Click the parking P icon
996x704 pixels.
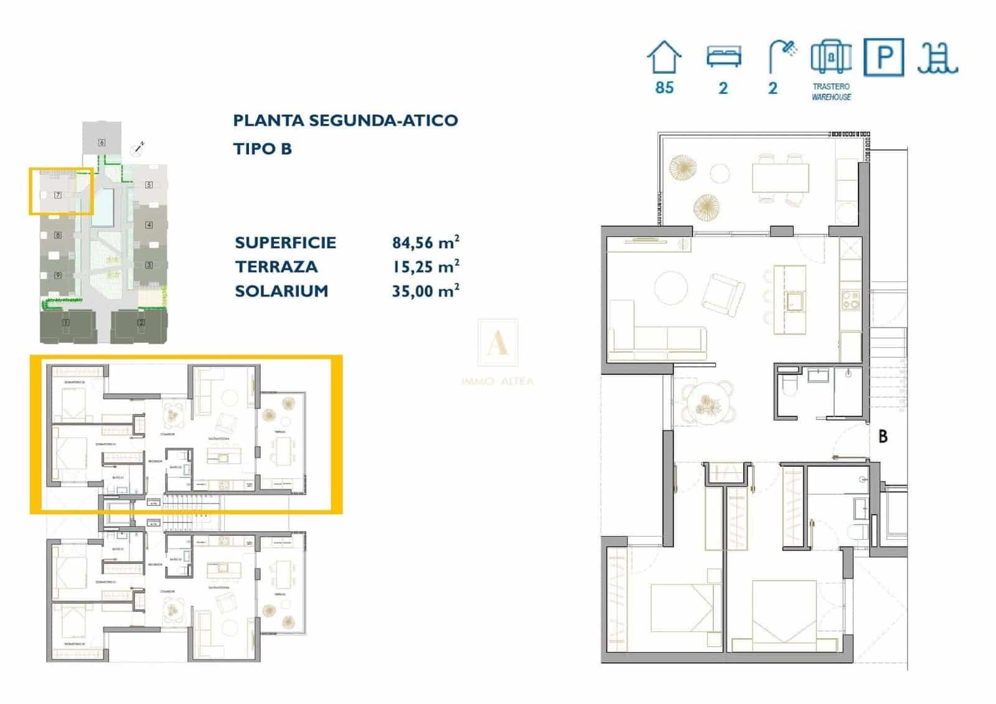point(884,57)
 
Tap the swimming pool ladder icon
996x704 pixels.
point(937,59)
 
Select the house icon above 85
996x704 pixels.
point(664,58)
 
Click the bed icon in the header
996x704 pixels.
point(723,57)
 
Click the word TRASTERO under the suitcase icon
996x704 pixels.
point(831,87)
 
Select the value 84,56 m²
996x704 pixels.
point(425,242)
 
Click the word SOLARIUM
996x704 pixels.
point(281,291)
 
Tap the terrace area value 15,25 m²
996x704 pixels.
point(425,266)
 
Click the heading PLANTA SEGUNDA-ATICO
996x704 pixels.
point(345,120)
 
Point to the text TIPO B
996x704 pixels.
point(262,149)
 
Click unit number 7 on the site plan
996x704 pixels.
point(58,195)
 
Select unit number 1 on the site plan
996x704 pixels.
point(66,322)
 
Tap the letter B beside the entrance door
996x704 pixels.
point(883,437)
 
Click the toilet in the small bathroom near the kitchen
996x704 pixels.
point(789,385)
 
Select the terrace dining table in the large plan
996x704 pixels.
point(780,177)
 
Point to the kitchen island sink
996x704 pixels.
point(794,302)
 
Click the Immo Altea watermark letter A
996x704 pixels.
point(497,344)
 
